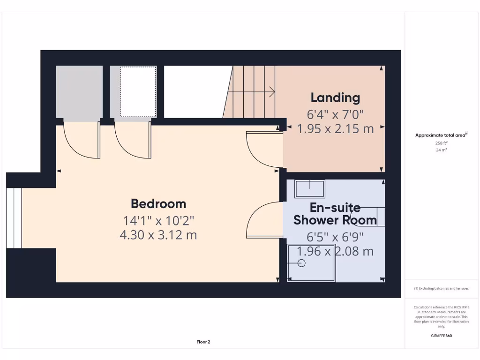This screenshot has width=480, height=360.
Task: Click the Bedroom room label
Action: pyautogui.click(x=158, y=204)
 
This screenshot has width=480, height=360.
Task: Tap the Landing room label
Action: pyautogui.click(x=335, y=97)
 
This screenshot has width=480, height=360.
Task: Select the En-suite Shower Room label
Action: pyautogui.click(x=335, y=214)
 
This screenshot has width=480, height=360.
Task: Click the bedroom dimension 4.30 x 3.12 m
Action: pyautogui.click(x=158, y=235)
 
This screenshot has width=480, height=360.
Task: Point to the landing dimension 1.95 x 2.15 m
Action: pyautogui.click(x=336, y=129)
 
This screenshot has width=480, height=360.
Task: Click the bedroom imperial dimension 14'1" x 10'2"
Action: pyautogui.click(x=158, y=220)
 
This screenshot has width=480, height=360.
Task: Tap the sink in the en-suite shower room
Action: pyautogui.click(x=309, y=189)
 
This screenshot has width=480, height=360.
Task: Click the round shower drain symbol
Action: pyautogui.click(x=301, y=263)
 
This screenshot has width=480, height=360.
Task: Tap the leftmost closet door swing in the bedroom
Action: pyautogui.click(x=81, y=140)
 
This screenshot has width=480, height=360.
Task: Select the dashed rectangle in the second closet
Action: pyautogui.click(x=138, y=91)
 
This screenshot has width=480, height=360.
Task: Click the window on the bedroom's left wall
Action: pyautogui.click(x=14, y=218)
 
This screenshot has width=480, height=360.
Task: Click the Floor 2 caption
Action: pyautogui.click(x=203, y=342)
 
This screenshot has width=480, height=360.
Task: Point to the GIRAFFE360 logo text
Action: pyautogui.click(x=442, y=336)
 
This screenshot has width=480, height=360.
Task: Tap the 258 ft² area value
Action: pyautogui.click(x=441, y=143)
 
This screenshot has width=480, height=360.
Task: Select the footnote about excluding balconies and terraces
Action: pyautogui.click(x=441, y=289)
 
